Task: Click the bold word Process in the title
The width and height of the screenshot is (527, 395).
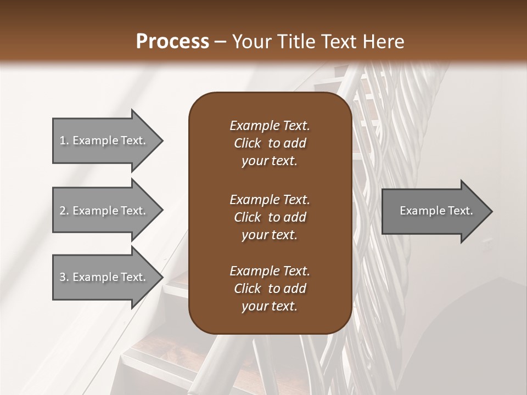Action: (x=172, y=41)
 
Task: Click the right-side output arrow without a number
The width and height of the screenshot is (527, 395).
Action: (x=436, y=211)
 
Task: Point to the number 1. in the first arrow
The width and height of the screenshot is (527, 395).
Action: (x=64, y=140)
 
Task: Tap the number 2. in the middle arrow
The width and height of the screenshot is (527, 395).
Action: (x=64, y=211)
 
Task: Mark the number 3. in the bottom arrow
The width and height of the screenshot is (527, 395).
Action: (x=64, y=277)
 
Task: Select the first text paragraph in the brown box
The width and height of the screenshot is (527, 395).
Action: (x=270, y=143)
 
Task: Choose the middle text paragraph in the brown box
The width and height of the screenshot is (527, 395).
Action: (x=270, y=217)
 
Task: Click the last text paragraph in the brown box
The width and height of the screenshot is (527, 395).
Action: (x=270, y=289)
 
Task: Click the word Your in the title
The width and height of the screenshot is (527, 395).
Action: (x=250, y=41)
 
